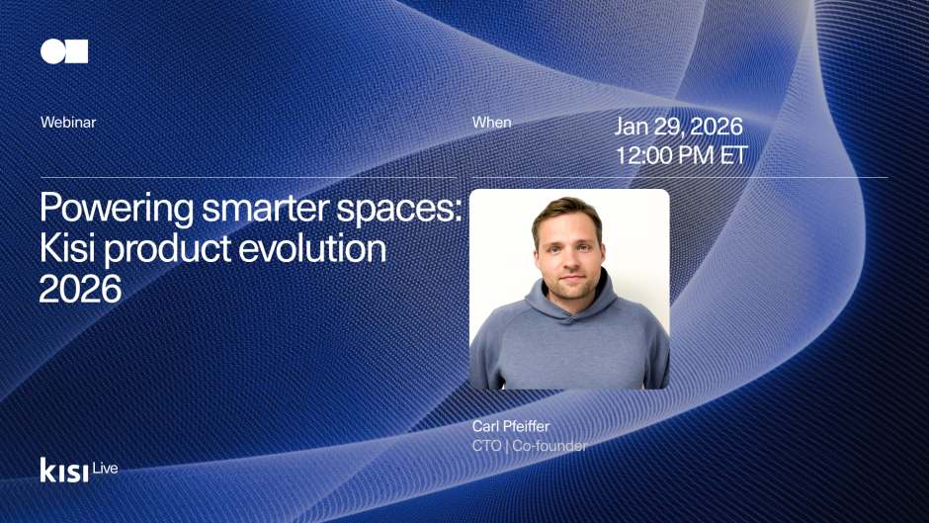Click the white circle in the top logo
click(x=51, y=51)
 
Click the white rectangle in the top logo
click(x=76, y=51)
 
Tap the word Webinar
click(x=68, y=123)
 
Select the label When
click(x=491, y=123)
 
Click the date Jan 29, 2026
click(x=678, y=127)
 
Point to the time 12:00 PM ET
click(x=681, y=156)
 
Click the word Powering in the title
click(x=109, y=211)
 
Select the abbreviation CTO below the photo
click(x=487, y=446)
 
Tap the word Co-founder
click(x=549, y=446)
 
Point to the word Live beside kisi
click(x=105, y=468)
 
